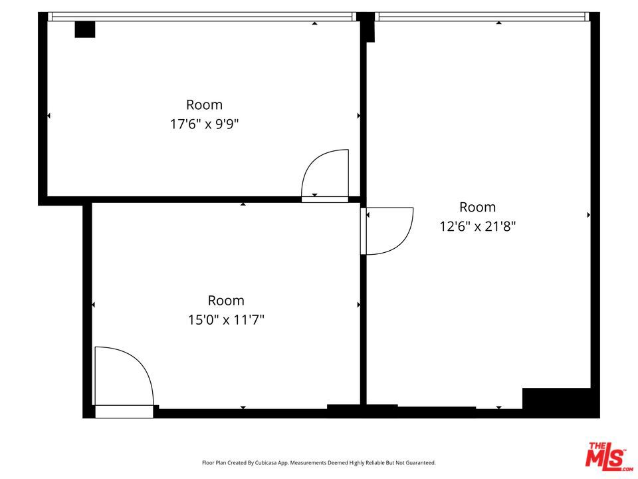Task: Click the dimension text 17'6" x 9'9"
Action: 204,124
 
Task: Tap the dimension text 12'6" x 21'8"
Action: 477,226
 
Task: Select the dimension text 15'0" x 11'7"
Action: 226,320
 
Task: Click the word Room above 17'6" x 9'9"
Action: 204,104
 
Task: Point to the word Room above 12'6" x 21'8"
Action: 478,207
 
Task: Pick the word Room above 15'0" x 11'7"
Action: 226,301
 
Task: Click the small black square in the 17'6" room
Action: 84,29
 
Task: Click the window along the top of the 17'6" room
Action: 202,17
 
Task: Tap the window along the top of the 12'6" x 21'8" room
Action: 482,17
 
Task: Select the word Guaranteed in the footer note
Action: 423,463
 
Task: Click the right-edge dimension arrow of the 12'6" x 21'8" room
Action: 588,215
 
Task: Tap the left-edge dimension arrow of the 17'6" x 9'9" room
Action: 49,116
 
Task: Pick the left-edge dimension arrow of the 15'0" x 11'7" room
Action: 93,305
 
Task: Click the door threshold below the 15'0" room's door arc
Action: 124,412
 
